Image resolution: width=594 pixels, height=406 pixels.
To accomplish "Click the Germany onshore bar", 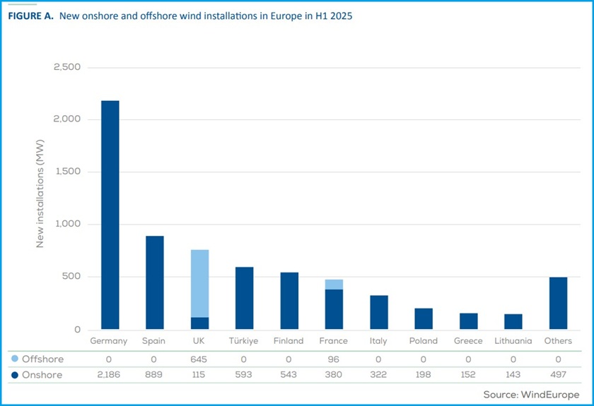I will (110, 215).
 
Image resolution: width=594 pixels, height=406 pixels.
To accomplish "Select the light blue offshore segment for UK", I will (199, 283).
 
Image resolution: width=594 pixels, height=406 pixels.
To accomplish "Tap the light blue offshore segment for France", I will (334, 284).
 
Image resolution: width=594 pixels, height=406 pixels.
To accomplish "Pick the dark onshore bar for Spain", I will (154, 282).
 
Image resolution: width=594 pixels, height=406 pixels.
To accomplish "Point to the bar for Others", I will (558, 303).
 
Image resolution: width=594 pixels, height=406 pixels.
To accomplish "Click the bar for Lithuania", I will (513, 322).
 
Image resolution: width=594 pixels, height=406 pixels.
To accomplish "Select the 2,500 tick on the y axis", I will (67, 67).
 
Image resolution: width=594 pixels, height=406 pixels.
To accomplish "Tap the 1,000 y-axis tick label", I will (67, 225).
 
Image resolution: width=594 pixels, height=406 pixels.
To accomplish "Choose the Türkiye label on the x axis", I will (244, 341).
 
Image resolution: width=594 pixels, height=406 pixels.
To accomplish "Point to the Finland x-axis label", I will (289, 341).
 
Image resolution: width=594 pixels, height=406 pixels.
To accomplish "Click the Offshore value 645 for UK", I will (199, 359).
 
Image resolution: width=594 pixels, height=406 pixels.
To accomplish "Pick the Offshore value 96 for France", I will (334, 359).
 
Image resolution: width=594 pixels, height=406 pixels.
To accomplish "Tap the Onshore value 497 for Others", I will (558, 375).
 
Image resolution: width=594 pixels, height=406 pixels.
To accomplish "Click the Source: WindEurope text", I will (531, 394).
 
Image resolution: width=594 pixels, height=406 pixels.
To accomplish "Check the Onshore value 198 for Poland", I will (424, 375).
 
